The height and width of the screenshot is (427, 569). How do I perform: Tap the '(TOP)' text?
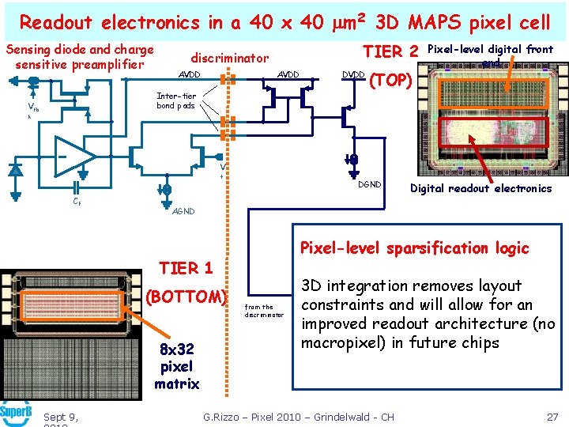pos(390,80)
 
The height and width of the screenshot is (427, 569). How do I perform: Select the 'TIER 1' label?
pos(186,268)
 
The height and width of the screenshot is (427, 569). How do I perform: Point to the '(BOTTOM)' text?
pos(187,297)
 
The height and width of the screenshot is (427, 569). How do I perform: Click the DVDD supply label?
pos(353,74)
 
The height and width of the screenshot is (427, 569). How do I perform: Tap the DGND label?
pos(369,183)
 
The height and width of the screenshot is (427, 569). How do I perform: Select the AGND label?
pos(183,211)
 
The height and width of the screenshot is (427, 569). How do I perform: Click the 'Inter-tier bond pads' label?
pos(175,100)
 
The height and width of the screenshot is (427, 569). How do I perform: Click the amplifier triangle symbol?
pos(75,157)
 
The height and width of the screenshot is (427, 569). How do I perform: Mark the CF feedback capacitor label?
pos(76,202)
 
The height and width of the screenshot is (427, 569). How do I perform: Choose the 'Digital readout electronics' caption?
pos(480,188)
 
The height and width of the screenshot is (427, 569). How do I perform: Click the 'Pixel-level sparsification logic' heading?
pos(414,248)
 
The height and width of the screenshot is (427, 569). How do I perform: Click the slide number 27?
pos(552,417)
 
